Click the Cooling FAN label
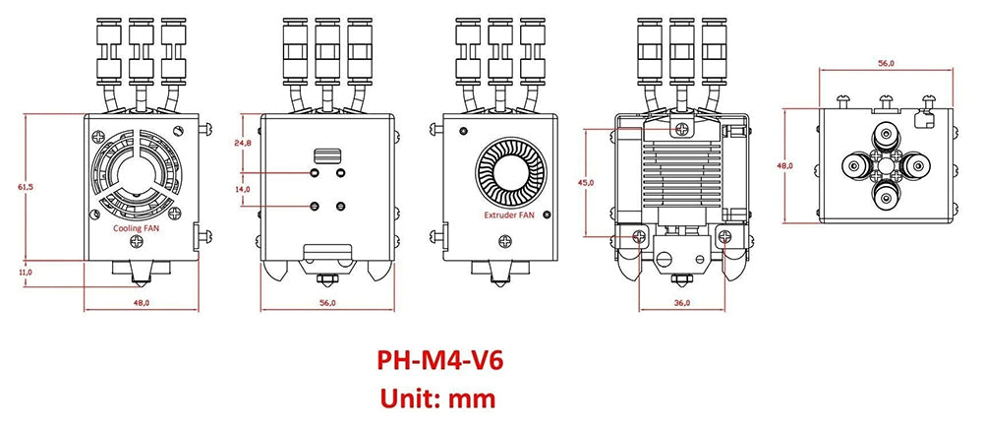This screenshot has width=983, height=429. pyautogui.click(x=137, y=226)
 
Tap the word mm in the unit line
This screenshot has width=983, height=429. pyautogui.click(x=472, y=398)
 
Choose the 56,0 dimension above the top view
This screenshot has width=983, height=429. pyautogui.click(x=886, y=63)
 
